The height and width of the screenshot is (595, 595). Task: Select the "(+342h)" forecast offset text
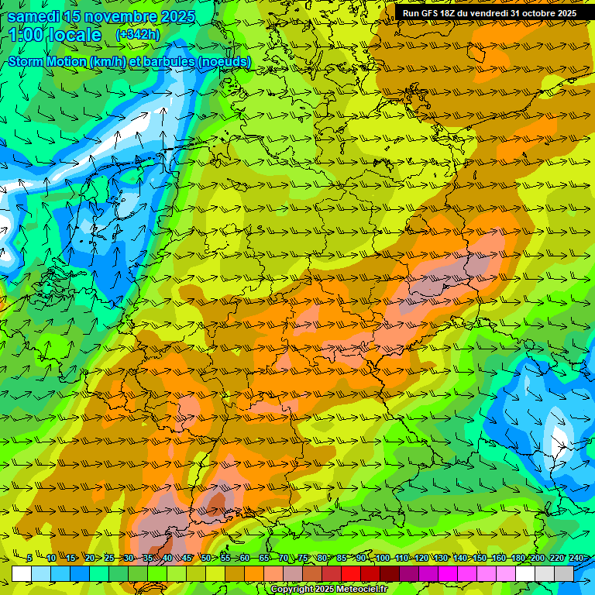tap(137, 34)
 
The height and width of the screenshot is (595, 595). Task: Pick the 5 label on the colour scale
tap(29, 558)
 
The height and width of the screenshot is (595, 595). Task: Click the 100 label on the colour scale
tap(382, 558)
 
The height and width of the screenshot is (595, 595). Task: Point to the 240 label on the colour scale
tap(576, 558)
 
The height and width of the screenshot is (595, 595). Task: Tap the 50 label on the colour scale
tap(206, 558)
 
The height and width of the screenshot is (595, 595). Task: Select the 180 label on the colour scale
tap(517, 558)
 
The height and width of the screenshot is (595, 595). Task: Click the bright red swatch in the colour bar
tap(351, 573)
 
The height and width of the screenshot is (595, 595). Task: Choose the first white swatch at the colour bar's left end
tap(22, 573)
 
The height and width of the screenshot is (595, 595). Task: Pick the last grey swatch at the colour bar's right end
tap(564, 573)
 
